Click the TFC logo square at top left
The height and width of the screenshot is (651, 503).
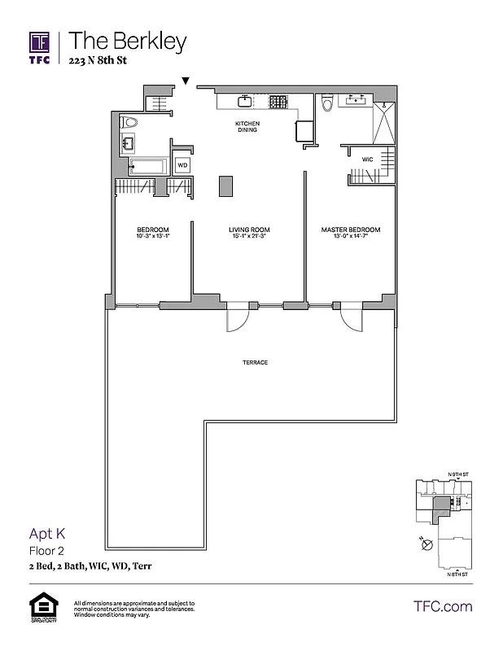(x=40, y=42)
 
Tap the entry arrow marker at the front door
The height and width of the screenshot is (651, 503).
(x=186, y=81)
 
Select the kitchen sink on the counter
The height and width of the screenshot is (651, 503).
(x=243, y=102)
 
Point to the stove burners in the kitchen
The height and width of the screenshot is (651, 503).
(x=278, y=102)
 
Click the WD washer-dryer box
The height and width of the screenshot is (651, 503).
(x=182, y=165)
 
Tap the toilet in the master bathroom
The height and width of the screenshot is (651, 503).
(x=326, y=103)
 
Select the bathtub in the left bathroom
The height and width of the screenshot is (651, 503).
(x=147, y=168)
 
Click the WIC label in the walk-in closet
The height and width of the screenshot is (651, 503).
(x=367, y=159)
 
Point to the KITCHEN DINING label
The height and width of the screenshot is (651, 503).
(x=247, y=126)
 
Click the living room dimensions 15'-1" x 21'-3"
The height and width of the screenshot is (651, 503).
(x=249, y=237)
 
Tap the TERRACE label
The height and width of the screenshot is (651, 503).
(x=255, y=362)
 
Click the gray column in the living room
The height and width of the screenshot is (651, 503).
(x=225, y=186)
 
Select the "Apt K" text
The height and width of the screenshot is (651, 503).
(x=46, y=535)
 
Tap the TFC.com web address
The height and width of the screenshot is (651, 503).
(x=443, y=606)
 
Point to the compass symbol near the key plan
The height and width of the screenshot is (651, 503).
(x=425, y=547)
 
